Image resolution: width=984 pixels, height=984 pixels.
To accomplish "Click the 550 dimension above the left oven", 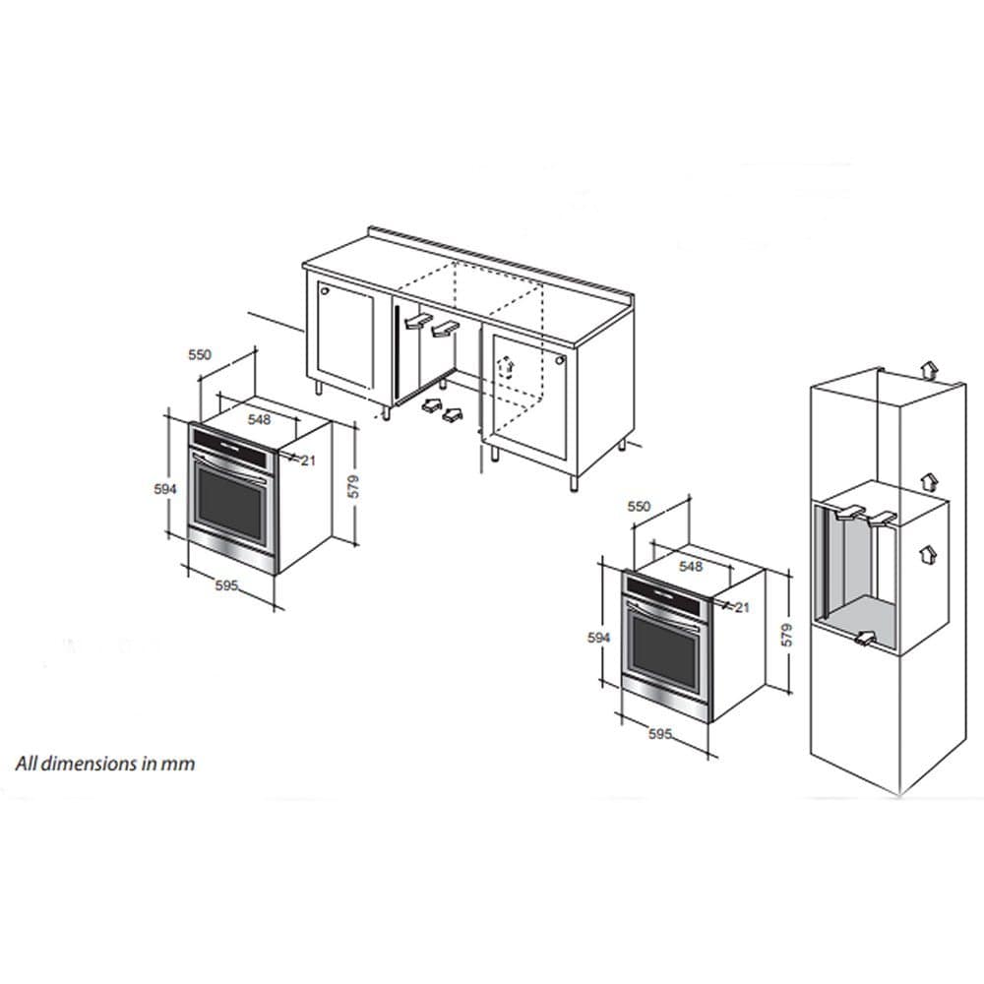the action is [200, 354].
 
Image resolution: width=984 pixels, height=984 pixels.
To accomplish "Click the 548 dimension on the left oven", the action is [259, 418].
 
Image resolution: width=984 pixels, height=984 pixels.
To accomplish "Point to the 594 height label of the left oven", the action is [165, 489].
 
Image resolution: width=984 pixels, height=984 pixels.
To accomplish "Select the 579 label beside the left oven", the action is [354, 487].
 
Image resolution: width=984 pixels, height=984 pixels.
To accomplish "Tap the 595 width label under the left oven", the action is [226, 584].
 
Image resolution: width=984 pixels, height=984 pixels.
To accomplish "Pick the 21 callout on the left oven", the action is [308, 461].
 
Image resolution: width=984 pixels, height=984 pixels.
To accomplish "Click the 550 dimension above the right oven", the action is [640, 506].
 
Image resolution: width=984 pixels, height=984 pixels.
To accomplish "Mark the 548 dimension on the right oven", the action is [691, 566].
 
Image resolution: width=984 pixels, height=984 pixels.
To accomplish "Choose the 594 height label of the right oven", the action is [598, 638].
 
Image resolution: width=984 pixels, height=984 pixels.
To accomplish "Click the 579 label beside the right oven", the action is [787, 635].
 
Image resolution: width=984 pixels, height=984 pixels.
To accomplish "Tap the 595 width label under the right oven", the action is [660, 733].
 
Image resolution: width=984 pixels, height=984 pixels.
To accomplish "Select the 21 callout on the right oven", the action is [742, 607].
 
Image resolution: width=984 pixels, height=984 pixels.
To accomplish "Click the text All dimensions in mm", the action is [105, 764].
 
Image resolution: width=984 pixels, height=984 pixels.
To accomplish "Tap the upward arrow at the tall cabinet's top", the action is [929, 370].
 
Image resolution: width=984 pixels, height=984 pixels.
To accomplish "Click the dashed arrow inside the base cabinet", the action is [507, 366].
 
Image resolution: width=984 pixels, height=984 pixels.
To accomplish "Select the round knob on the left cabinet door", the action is [325, 292].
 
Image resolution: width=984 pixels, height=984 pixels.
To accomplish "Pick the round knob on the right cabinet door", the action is [560, 360].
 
